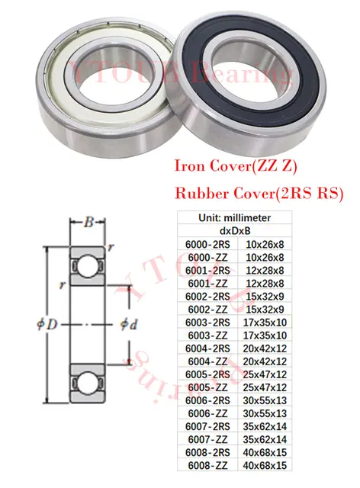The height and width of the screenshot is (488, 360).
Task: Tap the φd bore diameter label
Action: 129,324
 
